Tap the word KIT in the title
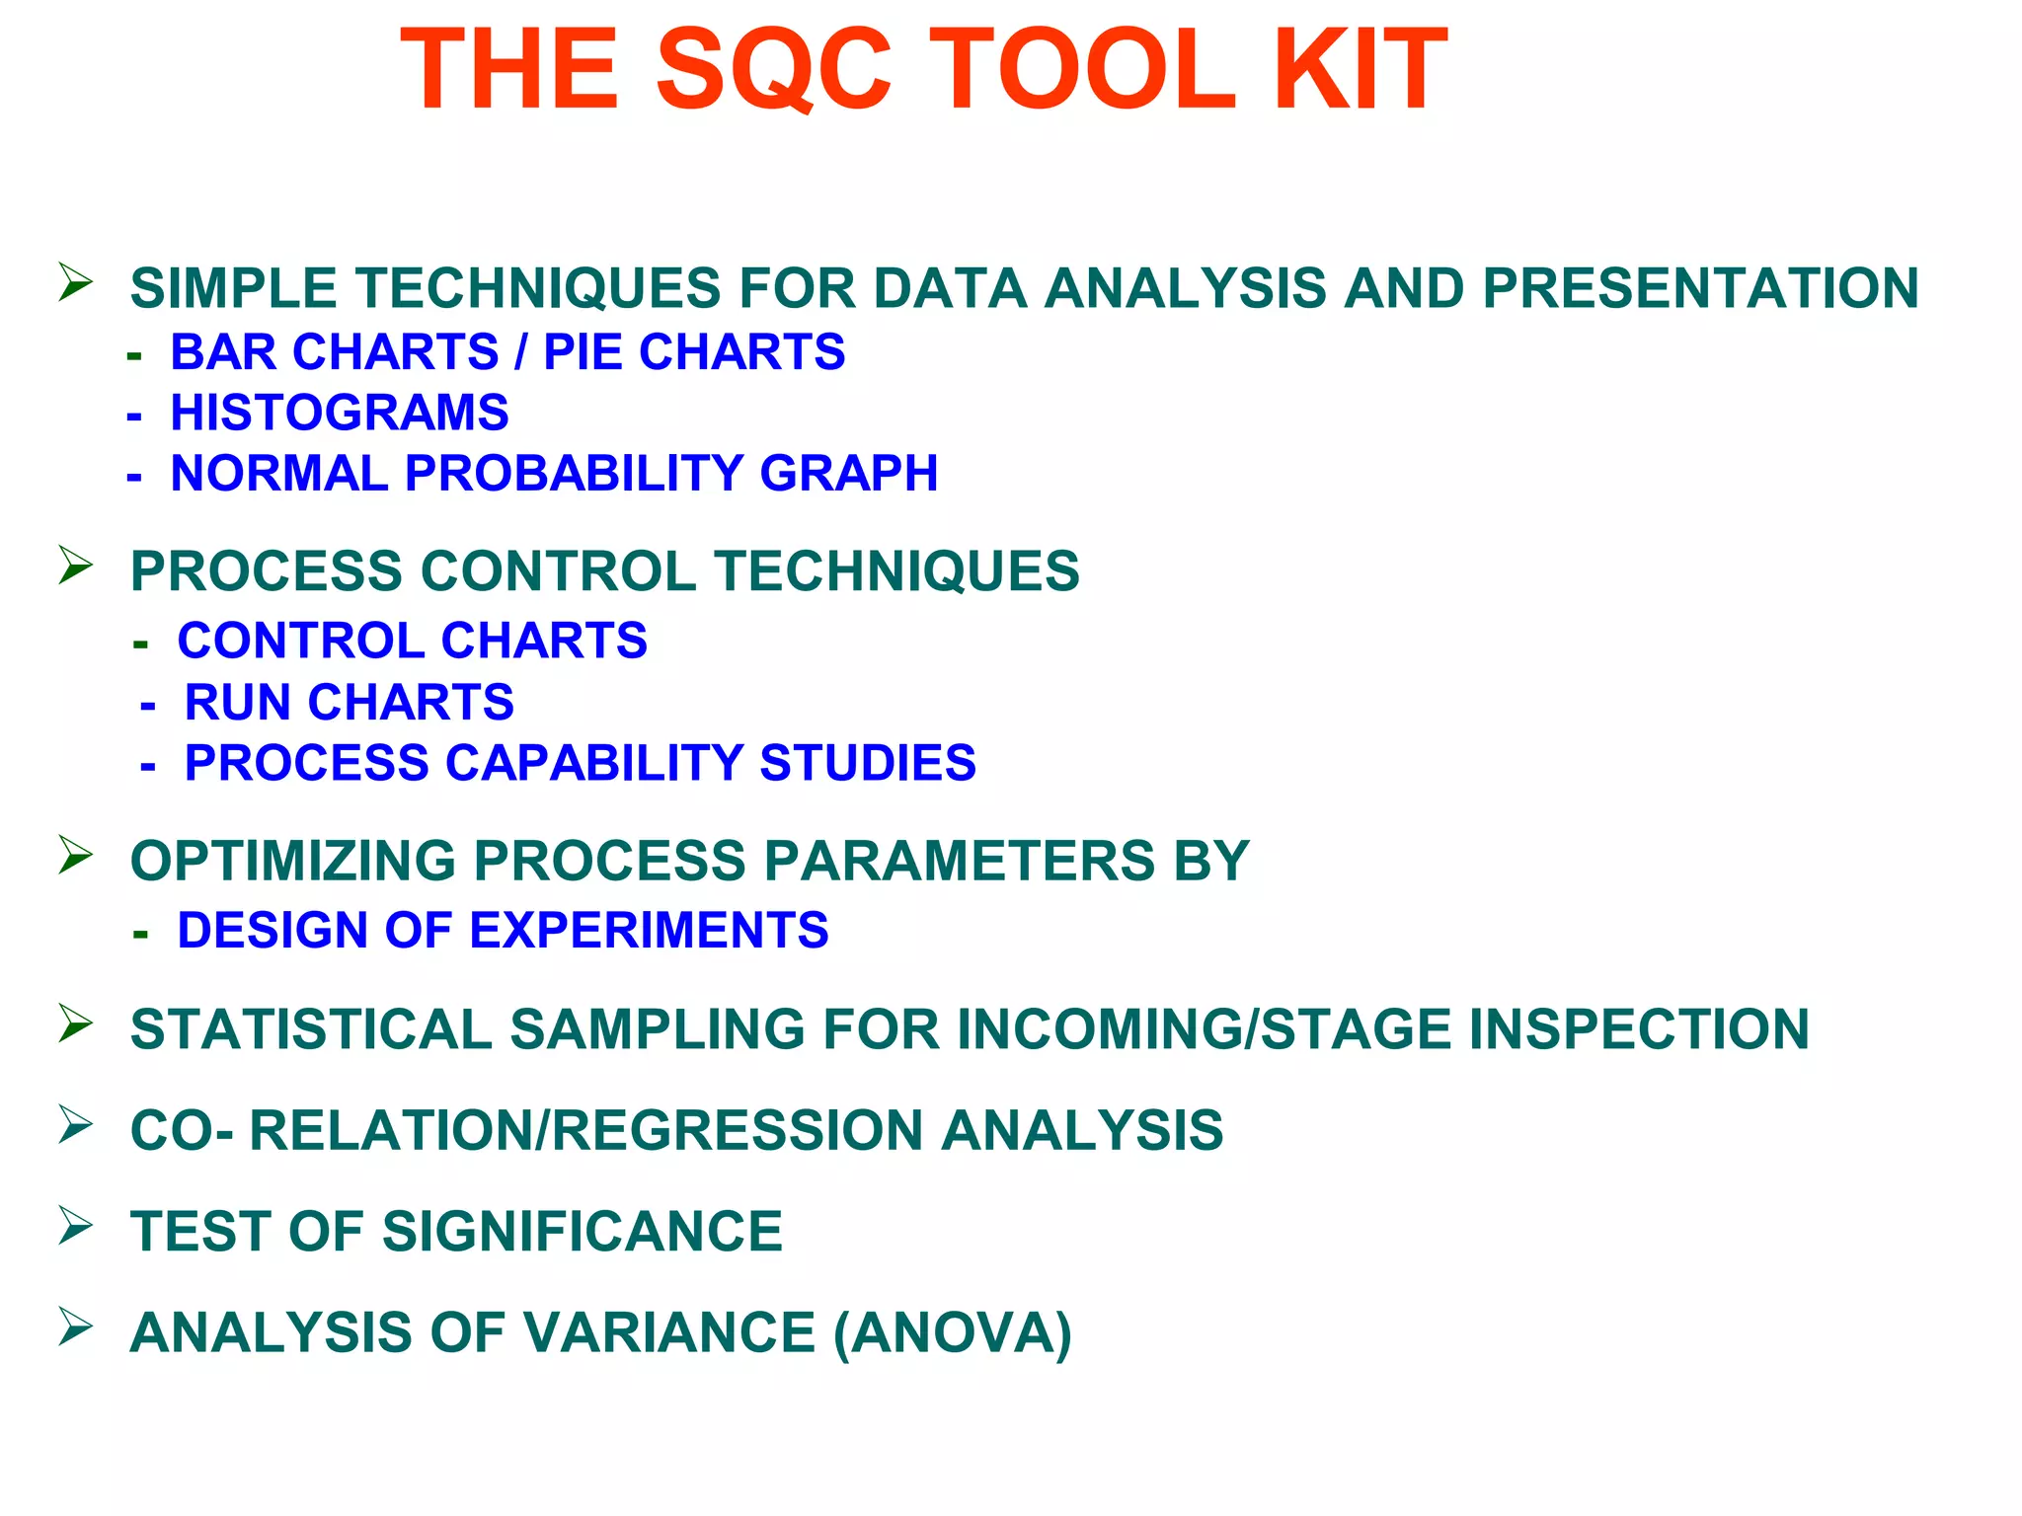click(1360, 69)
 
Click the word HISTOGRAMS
click(340, 413)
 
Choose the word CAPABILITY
click(594, 763)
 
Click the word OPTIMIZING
click(293, 861)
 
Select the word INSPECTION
click(1639, 1029)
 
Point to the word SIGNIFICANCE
click(583, 1232)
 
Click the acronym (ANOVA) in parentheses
click(953, 1333)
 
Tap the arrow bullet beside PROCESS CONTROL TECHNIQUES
click(75, 565)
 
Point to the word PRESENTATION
click(1700, 288)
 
